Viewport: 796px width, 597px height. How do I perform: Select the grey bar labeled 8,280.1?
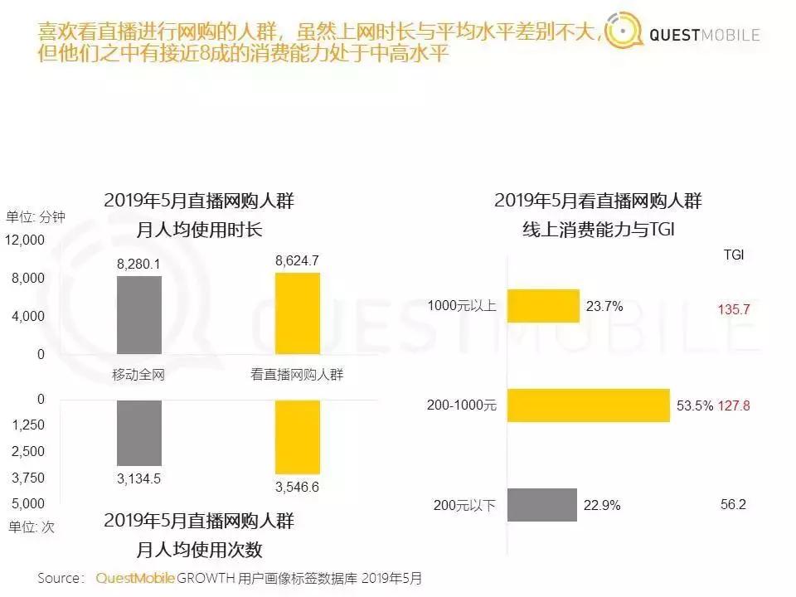139,314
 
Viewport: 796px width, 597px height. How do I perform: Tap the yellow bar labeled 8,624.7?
297,313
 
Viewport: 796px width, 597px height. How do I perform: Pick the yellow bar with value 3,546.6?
297,436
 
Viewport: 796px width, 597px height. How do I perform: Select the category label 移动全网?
138,375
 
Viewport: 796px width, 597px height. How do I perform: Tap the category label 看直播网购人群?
297,375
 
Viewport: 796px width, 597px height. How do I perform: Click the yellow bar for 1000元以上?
542,306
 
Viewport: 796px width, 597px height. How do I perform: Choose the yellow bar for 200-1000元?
588,405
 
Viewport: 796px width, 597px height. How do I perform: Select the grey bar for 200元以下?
541,504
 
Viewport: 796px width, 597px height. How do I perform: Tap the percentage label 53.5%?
693,406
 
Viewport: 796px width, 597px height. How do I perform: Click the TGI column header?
734,255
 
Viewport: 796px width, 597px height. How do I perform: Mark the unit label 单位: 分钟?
36,217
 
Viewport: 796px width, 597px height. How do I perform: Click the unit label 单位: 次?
31,527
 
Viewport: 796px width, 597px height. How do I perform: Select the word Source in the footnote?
61,578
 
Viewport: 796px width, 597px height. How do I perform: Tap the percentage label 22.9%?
603,505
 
